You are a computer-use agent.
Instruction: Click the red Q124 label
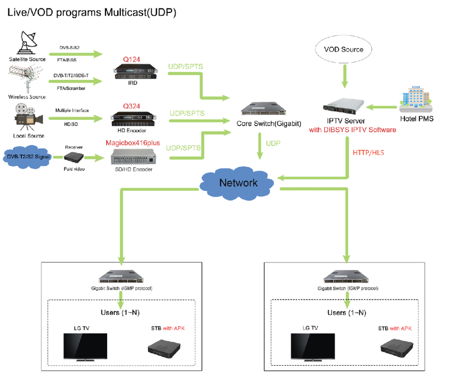[131, 59]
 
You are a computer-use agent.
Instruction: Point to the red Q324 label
[131, 107]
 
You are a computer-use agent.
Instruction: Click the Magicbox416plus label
[132, 143]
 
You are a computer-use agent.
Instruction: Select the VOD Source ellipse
[343, 50]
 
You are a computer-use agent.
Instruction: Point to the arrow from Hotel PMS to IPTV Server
[382, 106]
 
